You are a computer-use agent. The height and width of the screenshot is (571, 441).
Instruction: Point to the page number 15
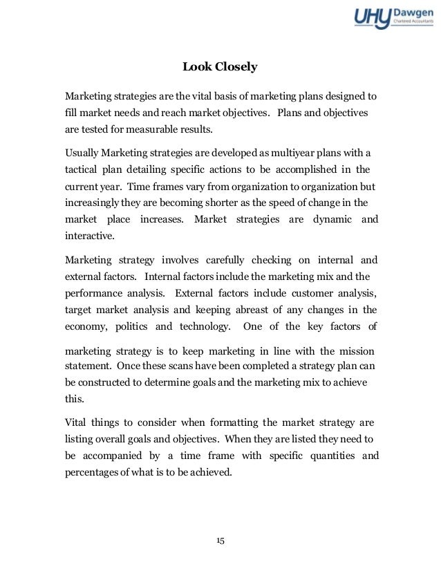pos(220,541)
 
